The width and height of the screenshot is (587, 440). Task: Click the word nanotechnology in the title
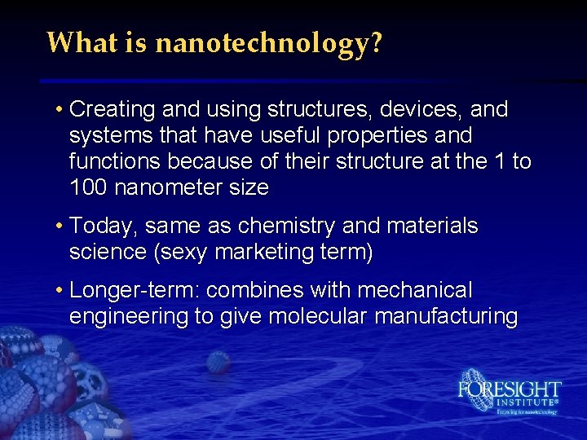coord(263,42)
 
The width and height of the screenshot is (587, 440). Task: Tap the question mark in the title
coord(375,42)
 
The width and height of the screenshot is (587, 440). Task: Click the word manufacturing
coord(446,317)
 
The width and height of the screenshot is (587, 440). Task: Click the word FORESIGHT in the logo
coord(509,389)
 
